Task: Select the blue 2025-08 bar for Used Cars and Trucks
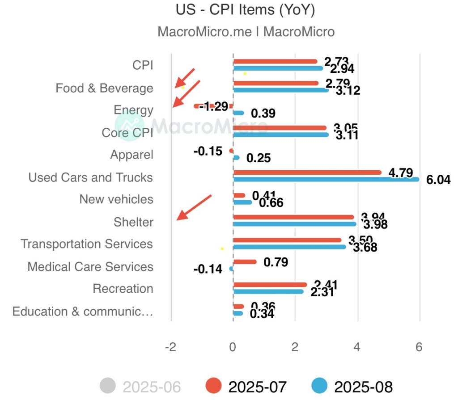326,180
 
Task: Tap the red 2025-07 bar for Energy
213,106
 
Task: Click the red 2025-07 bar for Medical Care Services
245,262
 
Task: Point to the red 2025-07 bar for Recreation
270,285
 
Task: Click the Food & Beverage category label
104,88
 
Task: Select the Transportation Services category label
87,244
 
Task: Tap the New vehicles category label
116,199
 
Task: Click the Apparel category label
131,155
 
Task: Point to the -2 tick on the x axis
170,347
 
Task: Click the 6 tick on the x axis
419,347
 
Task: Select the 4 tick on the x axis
357,347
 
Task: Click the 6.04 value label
438,180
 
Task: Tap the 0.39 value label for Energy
263,114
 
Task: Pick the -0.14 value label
208,269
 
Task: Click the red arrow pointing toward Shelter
193,207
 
